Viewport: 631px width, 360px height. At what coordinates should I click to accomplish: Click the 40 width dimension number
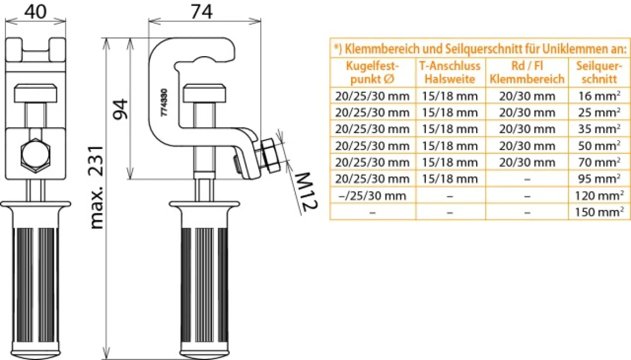click(35, 12)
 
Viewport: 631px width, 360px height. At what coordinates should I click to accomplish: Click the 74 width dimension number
click(202, 12)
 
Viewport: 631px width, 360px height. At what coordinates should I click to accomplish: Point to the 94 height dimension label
click(121, 109)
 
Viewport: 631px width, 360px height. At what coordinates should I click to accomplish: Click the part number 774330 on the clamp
click(164, 102)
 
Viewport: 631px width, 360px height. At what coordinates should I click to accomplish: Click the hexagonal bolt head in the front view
click(35, 156)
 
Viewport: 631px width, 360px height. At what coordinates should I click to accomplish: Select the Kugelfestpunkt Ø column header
click(372, 72)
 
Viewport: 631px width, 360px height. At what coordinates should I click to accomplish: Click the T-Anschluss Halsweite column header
click(450, 72)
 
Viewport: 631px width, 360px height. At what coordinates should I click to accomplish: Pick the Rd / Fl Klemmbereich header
click(527, 72)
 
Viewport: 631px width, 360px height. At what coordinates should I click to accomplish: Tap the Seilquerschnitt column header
click(599, 72)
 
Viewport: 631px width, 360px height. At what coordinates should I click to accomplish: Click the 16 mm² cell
click(599, 96)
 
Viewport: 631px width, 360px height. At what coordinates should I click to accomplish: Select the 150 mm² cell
click(599, 212)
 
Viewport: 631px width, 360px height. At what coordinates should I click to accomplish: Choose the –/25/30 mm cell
click(372, 196)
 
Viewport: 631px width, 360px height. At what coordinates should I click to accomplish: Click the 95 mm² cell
click(599, 179)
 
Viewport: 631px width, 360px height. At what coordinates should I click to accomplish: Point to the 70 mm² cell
click(599, 162)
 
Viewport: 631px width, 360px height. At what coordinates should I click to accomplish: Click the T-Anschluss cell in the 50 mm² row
click(450, 146)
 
